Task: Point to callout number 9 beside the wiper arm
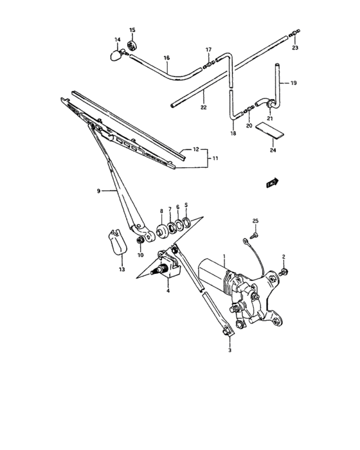click(x=98, y=191)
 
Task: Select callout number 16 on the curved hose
click(x=166, y=59)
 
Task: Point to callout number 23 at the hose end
click(x=295, y=48)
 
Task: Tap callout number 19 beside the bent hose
click(x=293, y=84)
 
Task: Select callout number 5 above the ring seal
click(x=186, y=206)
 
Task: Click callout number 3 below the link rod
click(x=229, y=351)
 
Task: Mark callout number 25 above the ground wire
click(x=255, y=221)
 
